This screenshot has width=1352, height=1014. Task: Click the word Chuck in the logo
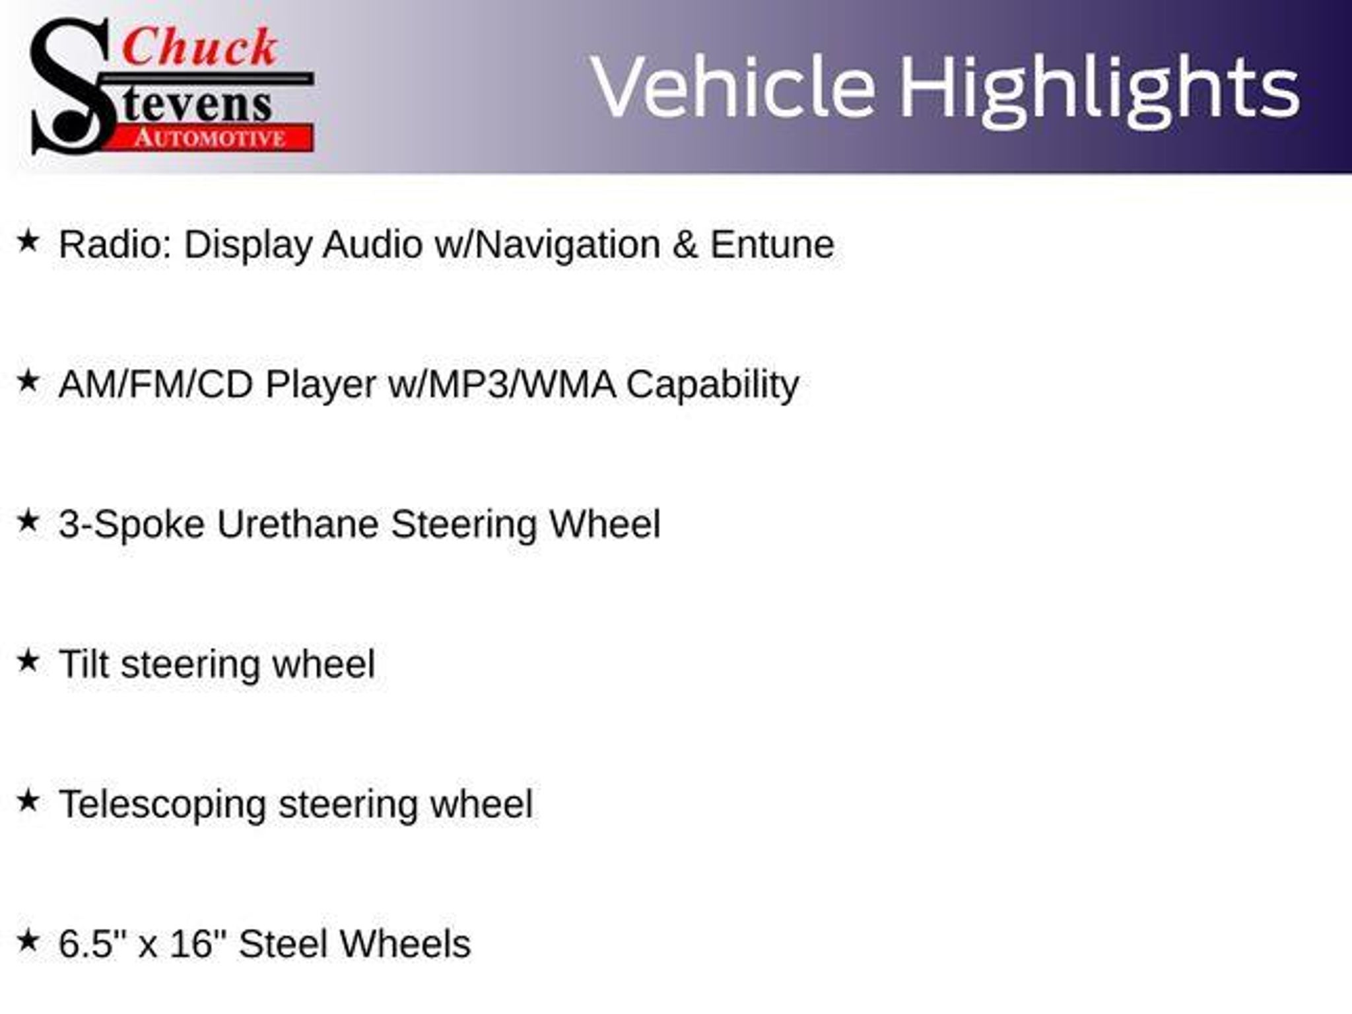[199, 48]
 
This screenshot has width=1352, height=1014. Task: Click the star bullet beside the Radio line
[28, 241]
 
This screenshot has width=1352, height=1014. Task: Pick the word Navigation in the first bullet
[568, 246]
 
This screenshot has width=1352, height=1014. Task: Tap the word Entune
[772, 244]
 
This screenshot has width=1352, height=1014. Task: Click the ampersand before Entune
[685, 245]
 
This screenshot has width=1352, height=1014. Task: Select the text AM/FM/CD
[156, 384]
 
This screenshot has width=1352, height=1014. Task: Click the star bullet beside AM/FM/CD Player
[28, 381]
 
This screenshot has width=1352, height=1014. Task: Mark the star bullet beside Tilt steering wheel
[28, 660]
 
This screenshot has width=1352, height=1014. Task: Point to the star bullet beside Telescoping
[28, 801]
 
